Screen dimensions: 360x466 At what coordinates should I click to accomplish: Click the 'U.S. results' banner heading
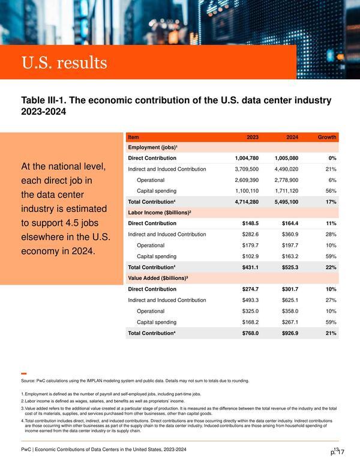click(64, 62)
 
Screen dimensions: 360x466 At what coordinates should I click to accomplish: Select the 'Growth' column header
click(327, 137)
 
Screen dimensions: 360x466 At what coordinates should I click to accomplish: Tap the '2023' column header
click(253, 137)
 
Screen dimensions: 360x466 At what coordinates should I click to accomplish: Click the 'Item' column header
click(133, 137)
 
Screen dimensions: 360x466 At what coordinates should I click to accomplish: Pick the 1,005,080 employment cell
click(286, 158)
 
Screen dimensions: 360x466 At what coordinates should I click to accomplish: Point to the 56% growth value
click(331, 191)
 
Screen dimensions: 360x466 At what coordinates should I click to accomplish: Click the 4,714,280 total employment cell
click(247, 202)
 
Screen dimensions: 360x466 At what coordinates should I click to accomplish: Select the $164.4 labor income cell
click(290, 223)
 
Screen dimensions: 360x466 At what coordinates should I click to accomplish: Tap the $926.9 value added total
click(290, 333)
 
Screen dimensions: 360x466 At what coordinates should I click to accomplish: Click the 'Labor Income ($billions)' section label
click(160, 213)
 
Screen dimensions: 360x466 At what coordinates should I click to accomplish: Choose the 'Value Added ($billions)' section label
click(158, 278)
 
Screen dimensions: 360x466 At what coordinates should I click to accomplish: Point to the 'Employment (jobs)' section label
click(152, 147)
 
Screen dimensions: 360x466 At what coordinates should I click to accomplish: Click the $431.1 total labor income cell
click(250, 267)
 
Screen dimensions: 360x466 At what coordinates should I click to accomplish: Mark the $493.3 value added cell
click(250, 300)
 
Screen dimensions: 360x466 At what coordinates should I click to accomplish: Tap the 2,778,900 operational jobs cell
click(286, 180)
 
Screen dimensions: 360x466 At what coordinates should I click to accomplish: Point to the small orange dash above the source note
click(24, 374)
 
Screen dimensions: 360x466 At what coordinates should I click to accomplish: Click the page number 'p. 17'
click(337, 452)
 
